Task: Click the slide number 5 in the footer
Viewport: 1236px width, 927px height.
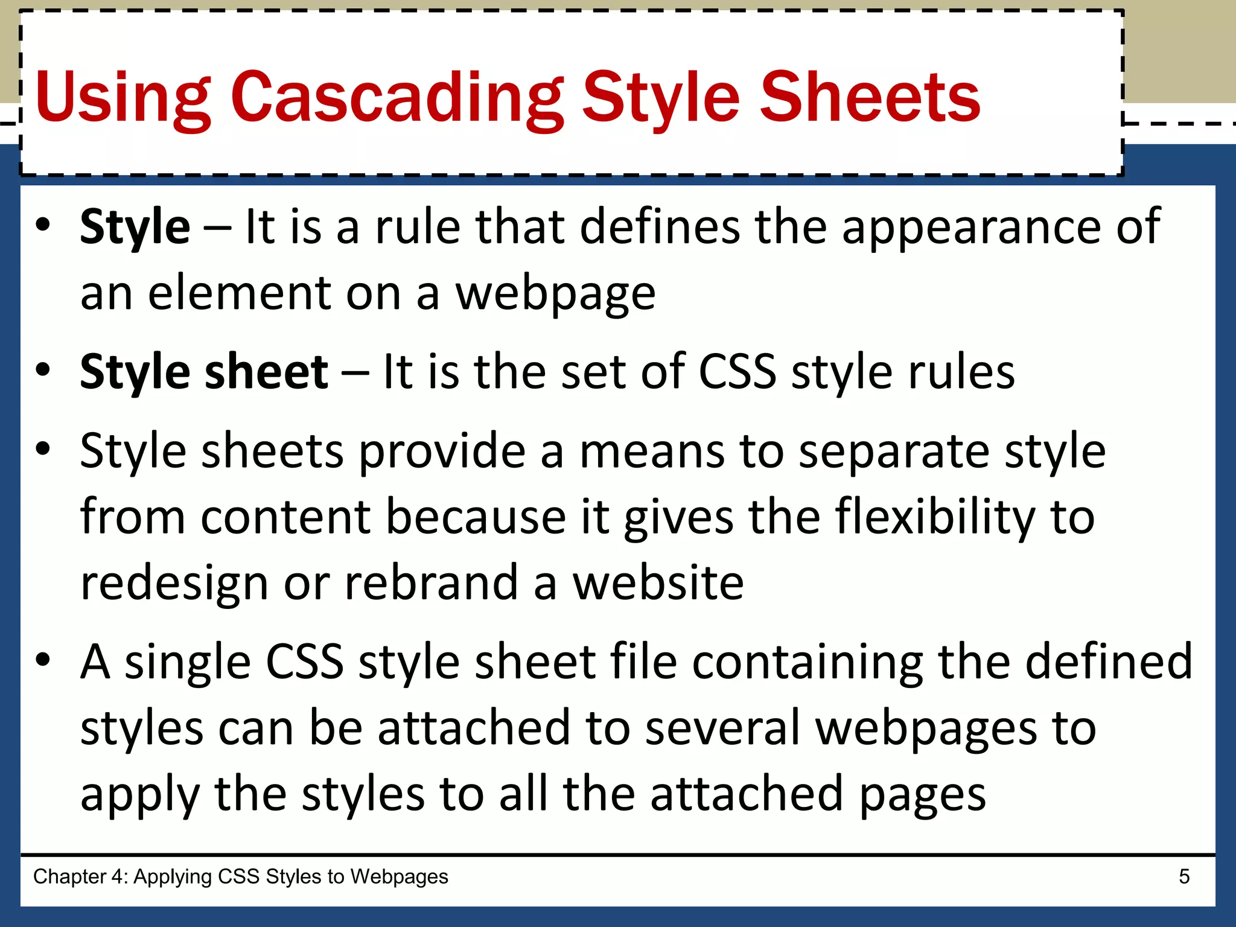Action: (1184, 876)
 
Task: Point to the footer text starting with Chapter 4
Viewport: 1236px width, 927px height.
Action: (240, 876)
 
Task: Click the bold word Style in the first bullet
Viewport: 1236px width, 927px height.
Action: (135, 228)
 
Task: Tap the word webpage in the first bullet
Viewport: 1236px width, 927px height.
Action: (555, 294)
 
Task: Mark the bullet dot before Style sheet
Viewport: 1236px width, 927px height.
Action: (42, 369)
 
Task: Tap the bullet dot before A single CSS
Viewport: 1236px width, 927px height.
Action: (42, 659)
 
